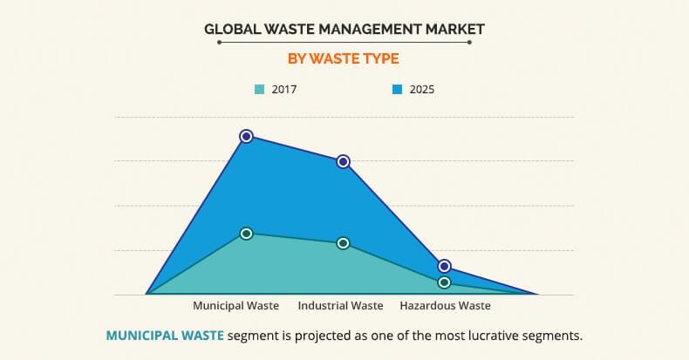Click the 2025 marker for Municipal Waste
pyautogui.click(x=246, y=136)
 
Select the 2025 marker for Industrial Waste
pyautogui.click(x=343, y=161)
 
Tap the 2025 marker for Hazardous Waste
pyautogui.click(x=444, y=266)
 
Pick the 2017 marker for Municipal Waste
pyautogui.click(x=246, y=234)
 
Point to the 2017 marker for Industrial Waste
pyautogui.click(x=343, y=243)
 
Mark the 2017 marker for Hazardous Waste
pyautogui.click(x=444, y=282)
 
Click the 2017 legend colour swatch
pyautogui.click(x=259, y=89)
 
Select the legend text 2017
pyautogui.click(x=284, y=89)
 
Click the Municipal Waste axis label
pyautogui.click(x=235, y=306)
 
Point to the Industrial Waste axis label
pyautogui.click(x=340, y=306)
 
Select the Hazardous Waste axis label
pyautogui.click(x=445, y=306)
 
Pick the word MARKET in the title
pyautogui.click(x=454, y=29)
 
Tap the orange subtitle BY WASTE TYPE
pyautogui.click(x=344, y=59)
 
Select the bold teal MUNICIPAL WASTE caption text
pyautogui.click(x=165, y=335)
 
